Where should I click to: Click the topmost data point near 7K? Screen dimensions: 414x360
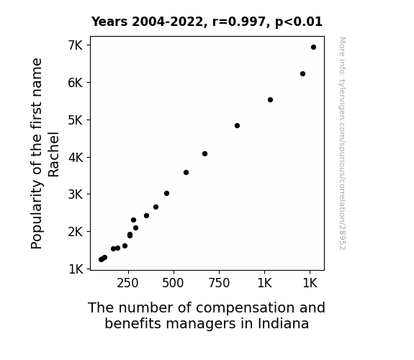[313, 48]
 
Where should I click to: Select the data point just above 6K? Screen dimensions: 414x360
[302, 73]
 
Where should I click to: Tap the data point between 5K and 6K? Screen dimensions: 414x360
[270, 99]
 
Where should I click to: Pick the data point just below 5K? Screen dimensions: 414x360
[237, 125]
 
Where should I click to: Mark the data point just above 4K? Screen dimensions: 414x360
[204, 153]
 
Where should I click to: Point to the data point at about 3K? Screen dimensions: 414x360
[166, 194]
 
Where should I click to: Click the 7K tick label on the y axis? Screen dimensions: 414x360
[76, 45]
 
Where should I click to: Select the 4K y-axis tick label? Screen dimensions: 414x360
[76, 158]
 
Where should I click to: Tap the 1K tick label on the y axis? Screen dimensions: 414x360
[76, 269]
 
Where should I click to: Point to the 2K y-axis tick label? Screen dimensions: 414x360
[76, 232]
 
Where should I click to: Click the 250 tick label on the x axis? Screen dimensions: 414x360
[127, 283]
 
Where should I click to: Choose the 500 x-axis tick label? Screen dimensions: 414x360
[174, 283]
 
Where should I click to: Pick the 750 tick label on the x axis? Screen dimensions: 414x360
[219, 283]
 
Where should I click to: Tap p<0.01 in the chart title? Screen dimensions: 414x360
[299, 22]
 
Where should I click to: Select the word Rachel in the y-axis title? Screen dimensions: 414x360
[53, 154]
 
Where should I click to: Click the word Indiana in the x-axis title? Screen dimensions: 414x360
[283, 323]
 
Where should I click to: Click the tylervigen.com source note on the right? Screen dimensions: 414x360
[342, 143]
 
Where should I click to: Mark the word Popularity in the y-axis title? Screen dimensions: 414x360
[37, 215]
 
